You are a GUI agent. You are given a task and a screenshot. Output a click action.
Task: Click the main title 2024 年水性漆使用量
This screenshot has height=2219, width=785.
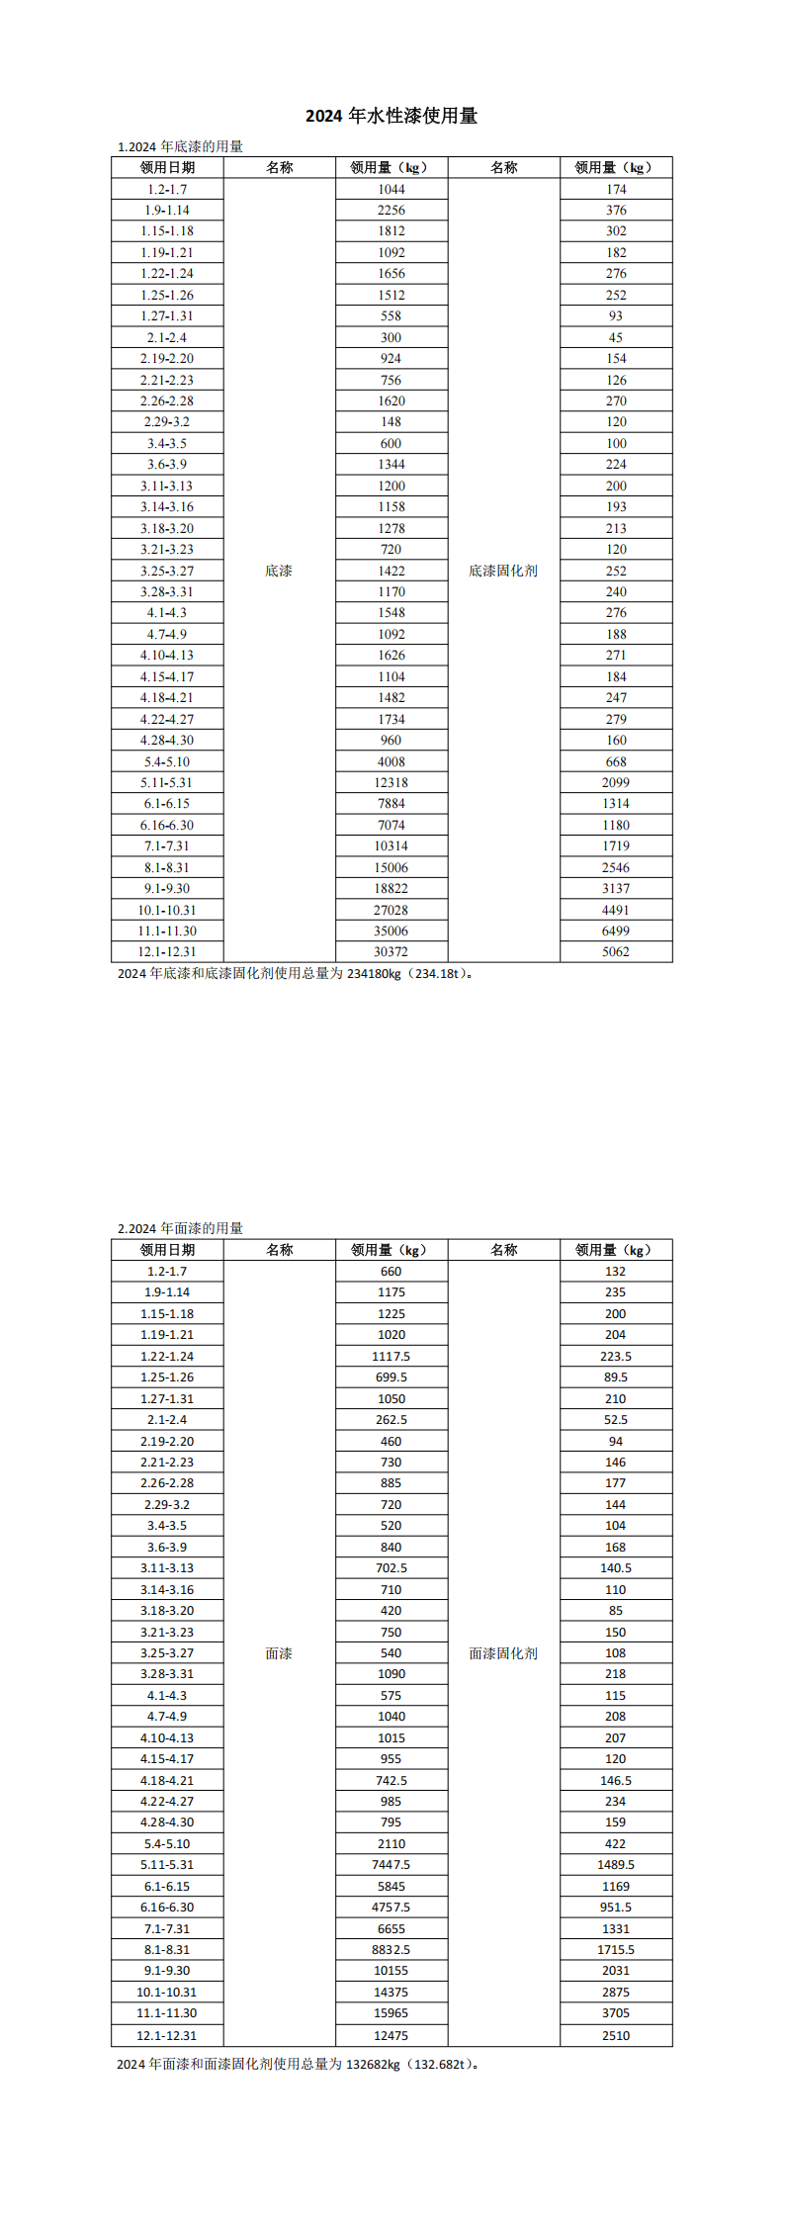[x=392, y=116]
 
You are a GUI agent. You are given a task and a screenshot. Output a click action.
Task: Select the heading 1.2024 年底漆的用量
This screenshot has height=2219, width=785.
[x=180, y=146]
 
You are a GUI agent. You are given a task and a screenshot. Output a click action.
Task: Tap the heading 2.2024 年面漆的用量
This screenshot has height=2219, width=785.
[x=180, y=1228]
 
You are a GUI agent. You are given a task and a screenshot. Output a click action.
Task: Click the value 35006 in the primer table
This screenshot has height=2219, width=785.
[x=392, y=931]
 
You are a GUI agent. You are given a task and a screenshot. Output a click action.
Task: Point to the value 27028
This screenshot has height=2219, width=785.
[x=392, y=910]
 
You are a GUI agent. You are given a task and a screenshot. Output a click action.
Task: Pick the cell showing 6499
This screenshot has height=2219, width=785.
[x=616, y=931]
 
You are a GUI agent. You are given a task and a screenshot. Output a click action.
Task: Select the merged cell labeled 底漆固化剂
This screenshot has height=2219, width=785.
[x=503, y=571]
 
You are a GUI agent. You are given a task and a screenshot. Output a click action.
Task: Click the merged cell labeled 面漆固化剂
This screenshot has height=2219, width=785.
[x=503, y=1653]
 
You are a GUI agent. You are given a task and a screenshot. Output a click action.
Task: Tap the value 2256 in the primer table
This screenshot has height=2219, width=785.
[x=392, y=210]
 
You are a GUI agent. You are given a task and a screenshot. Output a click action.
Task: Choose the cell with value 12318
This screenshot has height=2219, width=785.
[x=392, y=782]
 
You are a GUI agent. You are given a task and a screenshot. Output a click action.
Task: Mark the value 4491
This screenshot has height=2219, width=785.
[x=616, y=910]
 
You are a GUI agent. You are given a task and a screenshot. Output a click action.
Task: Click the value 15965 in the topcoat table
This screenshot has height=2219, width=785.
[x=392, y=2013]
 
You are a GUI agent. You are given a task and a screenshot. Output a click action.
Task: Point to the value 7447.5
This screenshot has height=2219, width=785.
[x=392, y=1865]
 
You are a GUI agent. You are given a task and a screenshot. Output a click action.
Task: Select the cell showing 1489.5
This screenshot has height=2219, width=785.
[x=616, y=1865]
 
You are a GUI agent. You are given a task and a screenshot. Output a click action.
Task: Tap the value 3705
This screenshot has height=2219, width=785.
[x=616, y=2013]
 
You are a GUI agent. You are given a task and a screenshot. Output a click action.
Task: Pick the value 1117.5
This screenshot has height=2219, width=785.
[x=392, y=1357]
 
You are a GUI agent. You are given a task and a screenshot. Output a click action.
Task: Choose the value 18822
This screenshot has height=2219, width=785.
[x=392, y=888]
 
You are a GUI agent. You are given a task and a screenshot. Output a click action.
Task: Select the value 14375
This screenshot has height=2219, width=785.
[x=392, y=1993]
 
